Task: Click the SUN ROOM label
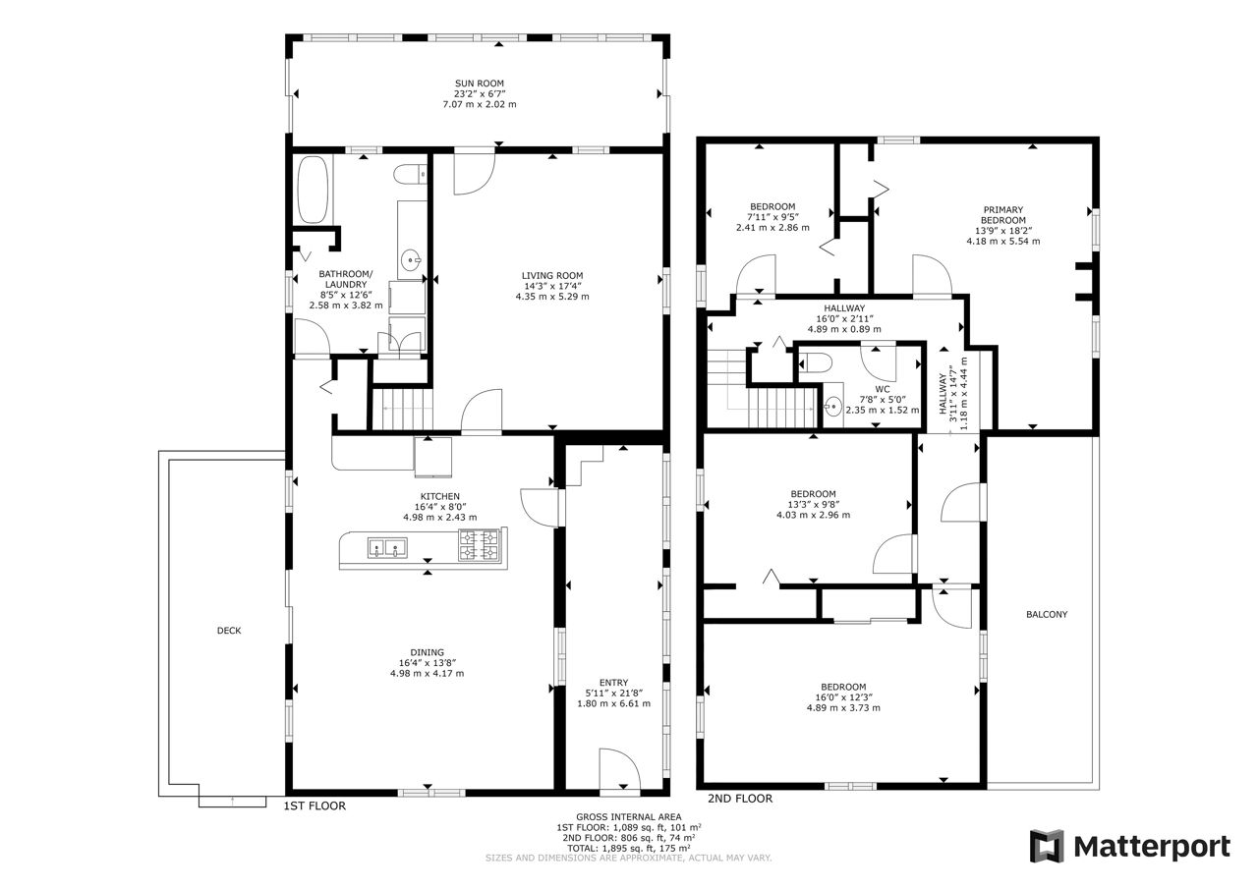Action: pyautogui.click(x=479, y=83)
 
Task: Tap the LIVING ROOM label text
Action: pyautogui.click(x=552, y=276)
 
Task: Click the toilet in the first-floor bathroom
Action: pyautogui.click(x=410, y=175)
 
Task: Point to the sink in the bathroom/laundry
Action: pyautogui.click(x=412, y=260)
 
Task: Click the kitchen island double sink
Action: pyautogui.click(x=387, y=548)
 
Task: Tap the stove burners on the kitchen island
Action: pyautogui.click(x=479, y=545)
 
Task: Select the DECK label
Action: pyautogui.click(x=229, y=631)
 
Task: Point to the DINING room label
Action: pyautogui.click(x=427, y=652)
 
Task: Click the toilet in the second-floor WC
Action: pyautogui.click(x=815, y=362)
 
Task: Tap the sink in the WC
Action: pyautogui.click(x=832, y=405)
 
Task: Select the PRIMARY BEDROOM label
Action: pyautogui.click(x=1003, y=215)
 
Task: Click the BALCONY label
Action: pyautogui.click(x=1047, y=615)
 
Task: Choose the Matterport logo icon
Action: pyautogui.click(x=1047, y=846)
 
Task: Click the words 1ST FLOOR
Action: pyautogui.click(x=314, y=806)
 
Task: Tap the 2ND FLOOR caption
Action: pyautogui.click(x=740, y=798)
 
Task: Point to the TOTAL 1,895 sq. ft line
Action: pyautogui.click(x=628, y=848)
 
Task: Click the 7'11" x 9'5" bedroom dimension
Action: pyautogui.click(x=772, y=217)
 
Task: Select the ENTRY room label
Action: pyautogui.click(x=613, y=683)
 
